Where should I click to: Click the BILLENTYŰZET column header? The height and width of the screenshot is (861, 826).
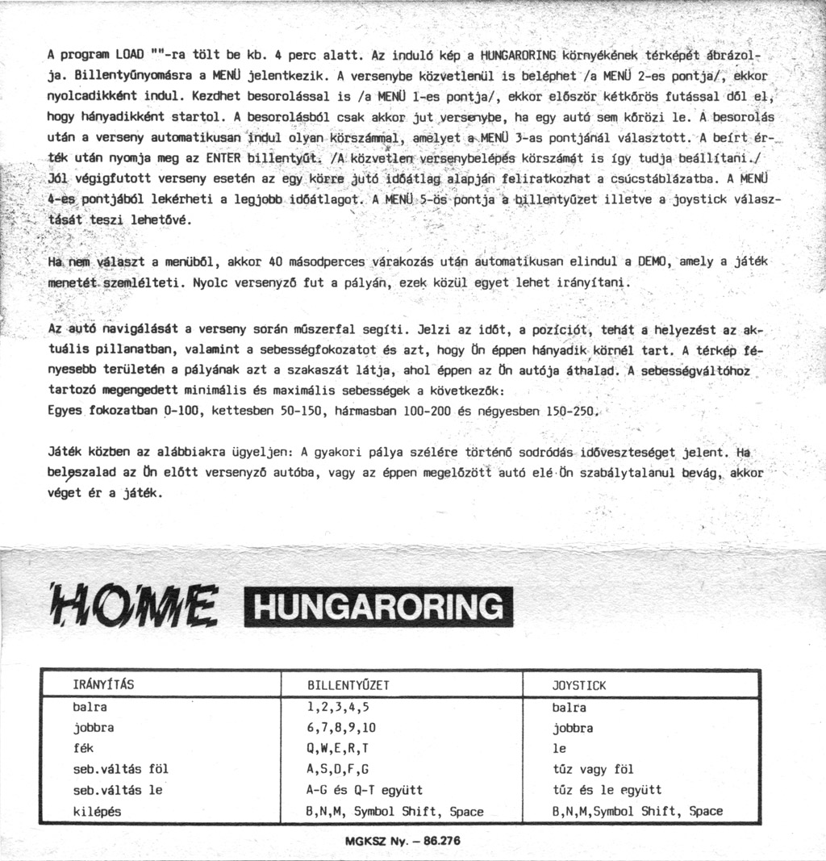click(348, 686)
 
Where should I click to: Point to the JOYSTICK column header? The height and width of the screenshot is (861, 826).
click(578, 686)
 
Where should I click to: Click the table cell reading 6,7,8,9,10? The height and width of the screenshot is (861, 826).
click(341, 728)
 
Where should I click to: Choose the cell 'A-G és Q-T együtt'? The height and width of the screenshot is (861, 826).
click(365, 791)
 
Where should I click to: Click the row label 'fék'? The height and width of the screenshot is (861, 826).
click(83, 749)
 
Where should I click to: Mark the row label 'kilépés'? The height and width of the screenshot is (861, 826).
click(97, 812)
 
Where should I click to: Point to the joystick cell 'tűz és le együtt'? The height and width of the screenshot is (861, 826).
click(607, 791)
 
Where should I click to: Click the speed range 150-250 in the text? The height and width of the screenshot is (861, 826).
click(572, 412)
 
